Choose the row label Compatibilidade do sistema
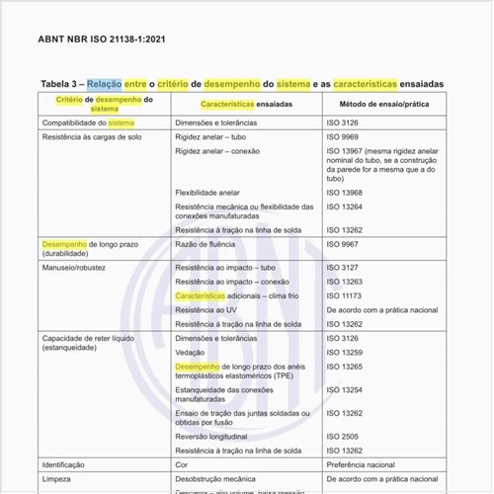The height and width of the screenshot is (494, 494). (x=88, y=123)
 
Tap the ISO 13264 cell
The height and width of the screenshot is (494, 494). (x=344, y=206)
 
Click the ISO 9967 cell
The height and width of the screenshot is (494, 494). (x=342, y=243)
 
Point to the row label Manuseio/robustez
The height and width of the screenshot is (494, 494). (x=74, y=268)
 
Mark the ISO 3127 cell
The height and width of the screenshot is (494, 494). (x=342, y=268)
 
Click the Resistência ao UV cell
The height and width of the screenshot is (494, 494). (x=206, y=310)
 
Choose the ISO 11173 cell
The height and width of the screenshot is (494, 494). (x=344, y=295)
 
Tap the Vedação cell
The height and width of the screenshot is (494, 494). (x=190, y=353)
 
